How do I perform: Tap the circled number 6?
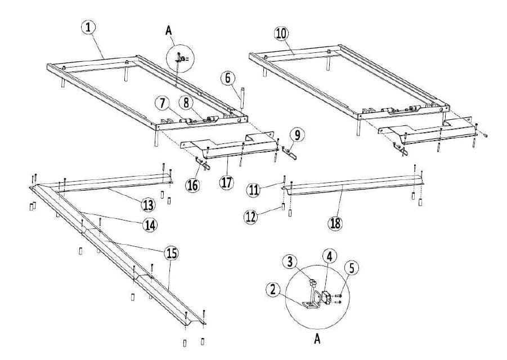(228, 78)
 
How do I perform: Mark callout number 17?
(226, 183)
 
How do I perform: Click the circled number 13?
(148, 201)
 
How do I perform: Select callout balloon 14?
(149, 224)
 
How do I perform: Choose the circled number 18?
(335, 222)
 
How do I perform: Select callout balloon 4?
(329, 256)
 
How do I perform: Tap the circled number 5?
(352, 268)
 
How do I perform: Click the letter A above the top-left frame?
(168, 31)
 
